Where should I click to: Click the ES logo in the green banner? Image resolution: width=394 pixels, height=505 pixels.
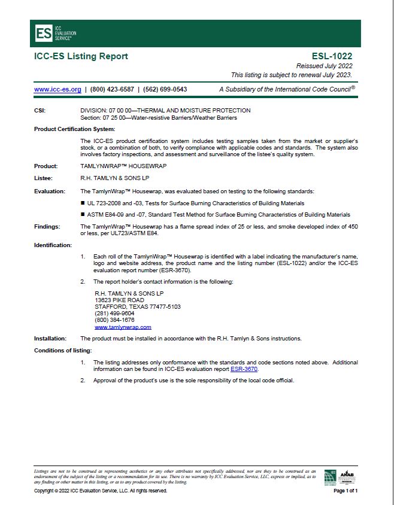pos(44,33)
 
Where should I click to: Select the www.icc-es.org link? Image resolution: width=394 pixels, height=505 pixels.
pos(57,89)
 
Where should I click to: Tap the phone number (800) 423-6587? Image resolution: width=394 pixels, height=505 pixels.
pos(111,89)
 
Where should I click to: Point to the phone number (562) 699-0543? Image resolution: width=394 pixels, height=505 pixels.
pos(165,89)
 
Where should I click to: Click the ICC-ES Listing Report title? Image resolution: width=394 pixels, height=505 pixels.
pos(81,56)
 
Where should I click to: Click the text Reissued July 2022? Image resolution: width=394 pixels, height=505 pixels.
pos(324,66)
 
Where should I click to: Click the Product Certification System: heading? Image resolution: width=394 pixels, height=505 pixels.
pos(74,129)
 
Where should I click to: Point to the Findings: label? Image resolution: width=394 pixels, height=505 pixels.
pos(48,227)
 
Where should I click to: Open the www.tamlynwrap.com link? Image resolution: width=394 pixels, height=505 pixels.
pos(123,327)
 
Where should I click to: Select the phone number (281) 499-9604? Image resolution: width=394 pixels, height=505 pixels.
pos(114,314)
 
